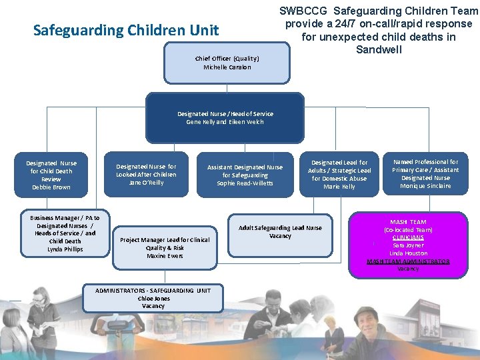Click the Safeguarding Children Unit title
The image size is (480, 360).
pyautogui.click(x=126, y=30)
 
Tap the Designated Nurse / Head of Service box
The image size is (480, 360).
pyautogui.click(x=225, y=118)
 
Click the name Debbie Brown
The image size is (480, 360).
pyautogui.click(x=51, y=187)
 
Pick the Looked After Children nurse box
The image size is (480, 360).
pyautogui.click(x=146, y=175)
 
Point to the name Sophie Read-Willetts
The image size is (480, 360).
pyautogui.click(x=245, y=183)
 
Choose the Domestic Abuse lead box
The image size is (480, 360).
pyautogui.click(x=339, y=175)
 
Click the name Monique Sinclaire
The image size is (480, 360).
pyautogui.click(x=425, y=186)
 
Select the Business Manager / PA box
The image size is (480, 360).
pyautogui.click(x=65, y=233)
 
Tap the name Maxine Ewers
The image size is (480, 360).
pyautogui.click(x=165, y=256)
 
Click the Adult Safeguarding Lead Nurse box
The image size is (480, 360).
pyautogui.click(x=280, y=233)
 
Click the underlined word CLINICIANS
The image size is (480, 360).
pyautogui.click(x=408, y=237)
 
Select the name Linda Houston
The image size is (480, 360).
pyautogui.click(x=408, y=253)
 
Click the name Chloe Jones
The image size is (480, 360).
pyautogui.click(x=153, y=299)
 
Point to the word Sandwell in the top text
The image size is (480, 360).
pyautogui.click(x=378, y=49)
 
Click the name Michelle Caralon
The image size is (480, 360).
pyautogui.click(x=227, y=67)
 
